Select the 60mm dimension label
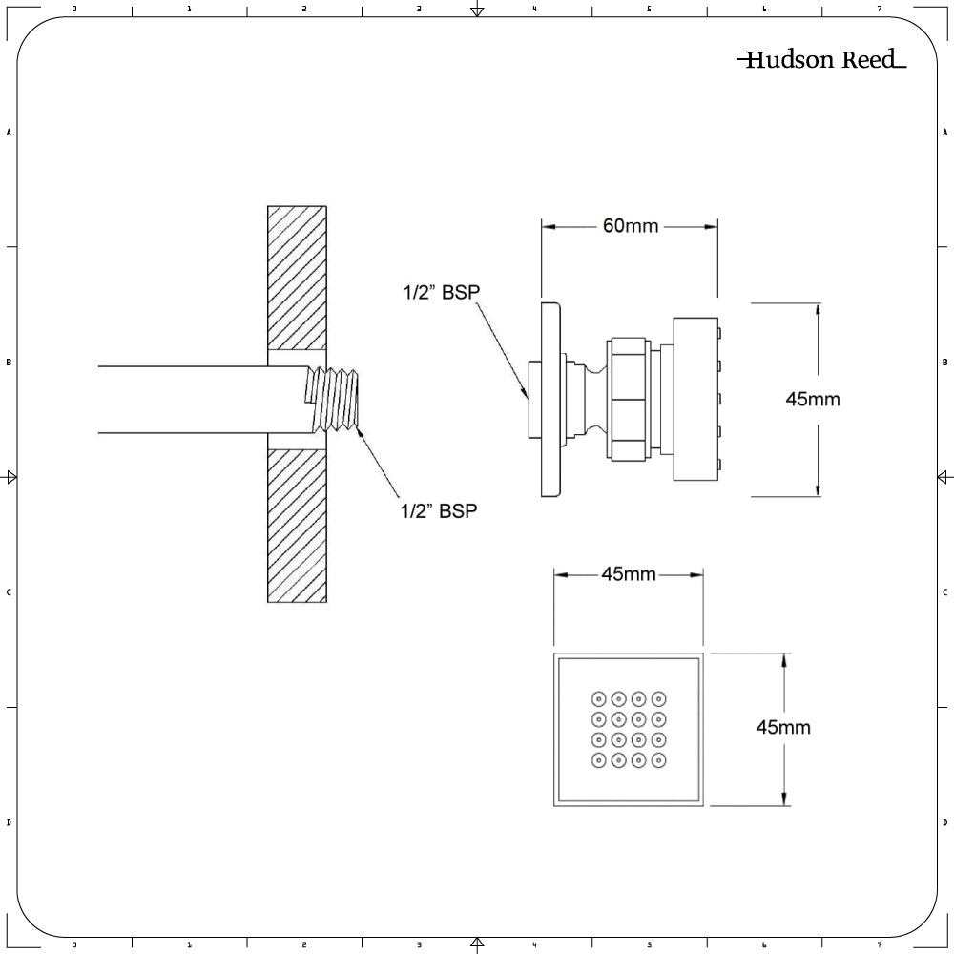(x=631, y=226)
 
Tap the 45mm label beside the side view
(x=813, y=399)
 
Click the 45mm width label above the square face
(x=628, y=573)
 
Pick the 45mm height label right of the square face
(x=783, y=727)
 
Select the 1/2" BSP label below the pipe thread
(x=438, y=510)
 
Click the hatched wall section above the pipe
(x=297, y=278)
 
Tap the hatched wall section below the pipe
(x=297, y=526)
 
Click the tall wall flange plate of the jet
(x=551, y=399)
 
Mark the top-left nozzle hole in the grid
(x=599, y=697)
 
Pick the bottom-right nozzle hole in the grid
(x=659, y=760)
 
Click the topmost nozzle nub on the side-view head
(x=719, y=334)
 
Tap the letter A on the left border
(x=9, y=133)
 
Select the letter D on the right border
(x=944, y=822)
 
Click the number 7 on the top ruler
(x=879, y=9)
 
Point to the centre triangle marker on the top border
(x=477, y=10)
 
